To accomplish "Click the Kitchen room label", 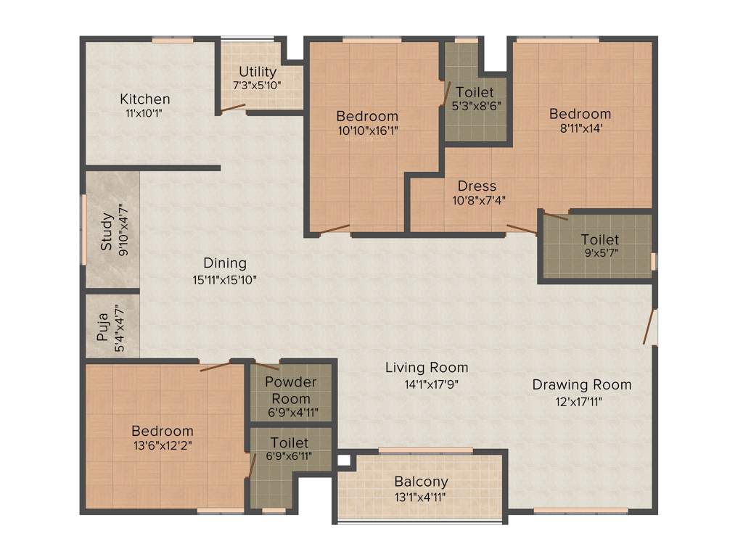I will pyautogui.click(x=145, y=99).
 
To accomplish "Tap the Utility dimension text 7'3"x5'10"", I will pyautogui.click(x=257, y=85).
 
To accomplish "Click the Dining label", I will pyautogui.click(x=224, y=263).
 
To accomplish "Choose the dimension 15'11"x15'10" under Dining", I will pyautogui.click(x=224, y=279).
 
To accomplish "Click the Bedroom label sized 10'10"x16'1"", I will pyautogui.click(x=367, y=116).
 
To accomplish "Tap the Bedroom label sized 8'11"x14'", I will pyautogui.click(x=580, y=114).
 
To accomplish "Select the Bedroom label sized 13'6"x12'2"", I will pyautogui.click(x=162, y=431).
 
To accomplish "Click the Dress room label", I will pyautogui.click(x=477, y=186).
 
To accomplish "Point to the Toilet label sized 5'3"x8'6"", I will pyautogui.click(x=475, y=92).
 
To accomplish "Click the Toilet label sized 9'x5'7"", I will pyautogui.click(x=599, y=239).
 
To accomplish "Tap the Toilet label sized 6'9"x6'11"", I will pyautogui.click(x=289, y=442).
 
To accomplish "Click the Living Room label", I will pyautogui.click(x=426, y=368).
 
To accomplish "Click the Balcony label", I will pyautogui.click(x=421, y=482).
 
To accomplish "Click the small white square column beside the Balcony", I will pyautogui.click(x=343, y=459).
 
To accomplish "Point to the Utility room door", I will pyautogui.click(x=233, y=109).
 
